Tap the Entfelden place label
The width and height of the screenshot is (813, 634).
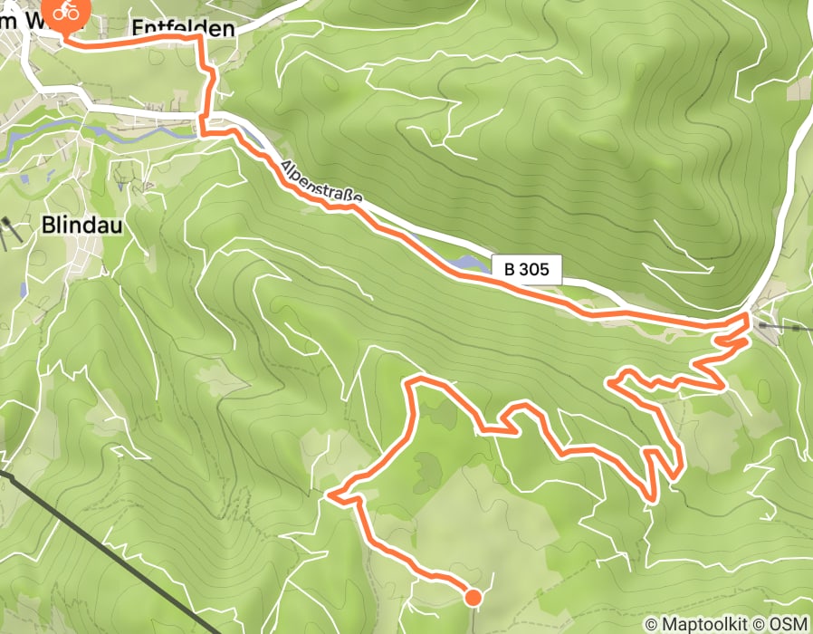(x=183, y=28)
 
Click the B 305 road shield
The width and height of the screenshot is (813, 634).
(x=527, y=269)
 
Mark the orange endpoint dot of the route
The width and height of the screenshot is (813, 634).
(x=473, y=596)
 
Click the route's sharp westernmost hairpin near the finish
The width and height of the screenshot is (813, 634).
(x=331, y=495)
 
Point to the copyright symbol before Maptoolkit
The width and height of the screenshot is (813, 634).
(x=651, y=624)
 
